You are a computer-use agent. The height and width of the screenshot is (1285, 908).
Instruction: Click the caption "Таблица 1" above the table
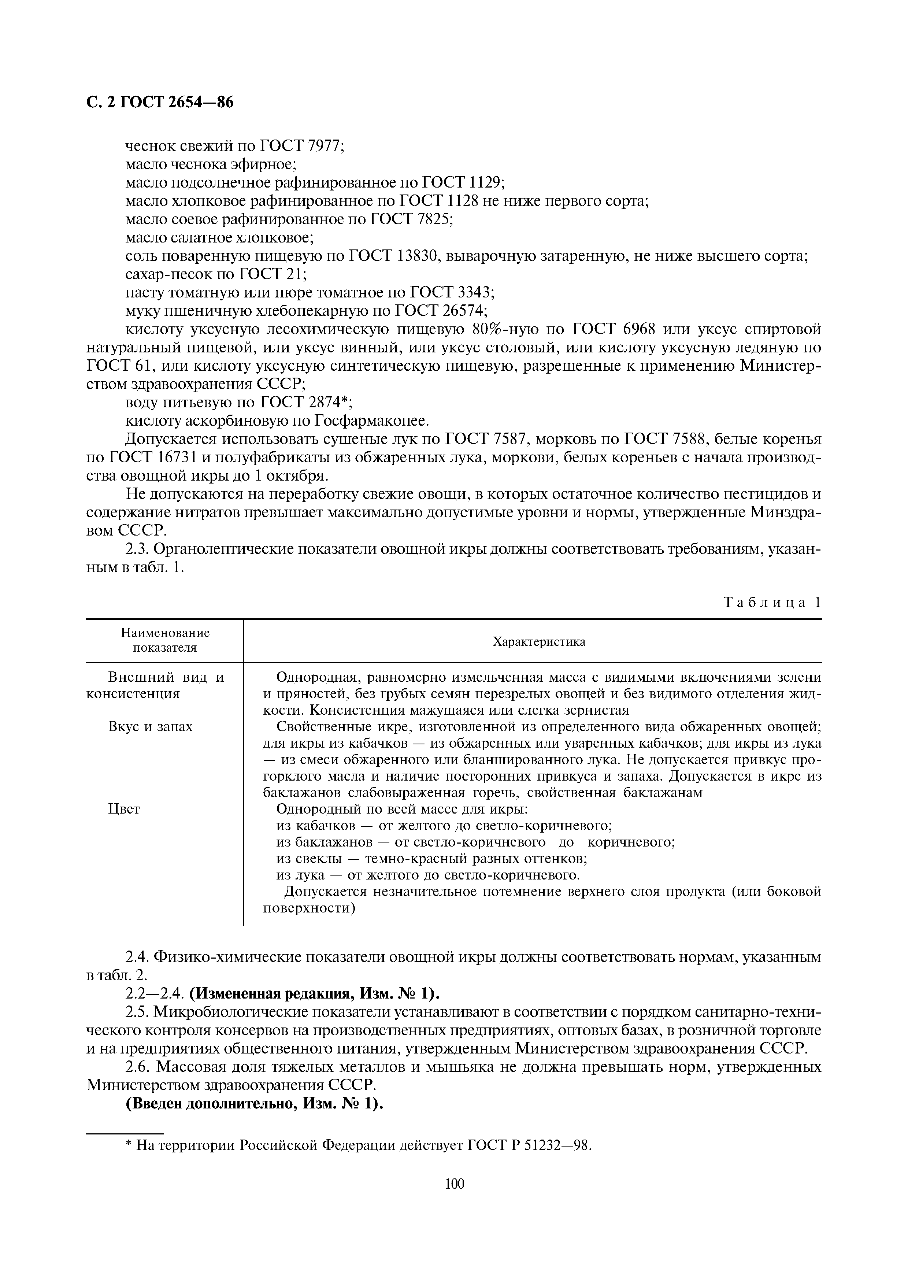pos(772,602)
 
